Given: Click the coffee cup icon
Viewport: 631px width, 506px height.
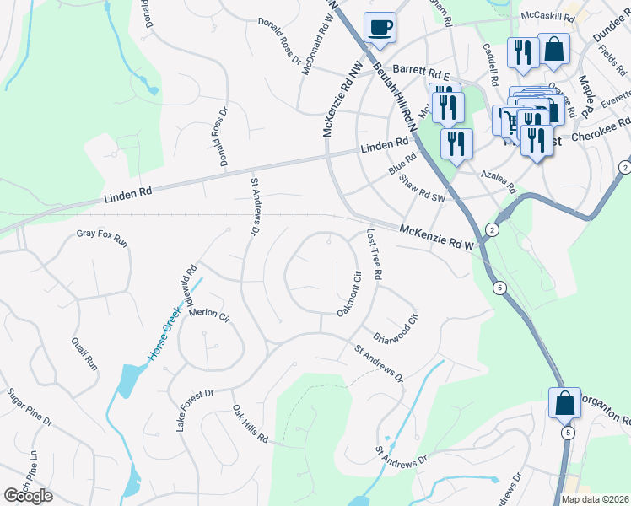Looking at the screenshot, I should (380, 27).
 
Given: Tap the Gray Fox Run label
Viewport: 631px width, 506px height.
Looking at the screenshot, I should (101, 238).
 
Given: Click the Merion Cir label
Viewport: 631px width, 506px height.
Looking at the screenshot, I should (209, 314).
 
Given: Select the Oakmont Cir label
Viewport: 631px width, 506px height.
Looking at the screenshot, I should (349, 294).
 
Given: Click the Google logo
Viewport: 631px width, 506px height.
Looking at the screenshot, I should (28, 496).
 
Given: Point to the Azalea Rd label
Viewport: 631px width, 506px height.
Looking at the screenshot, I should (497, 178).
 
